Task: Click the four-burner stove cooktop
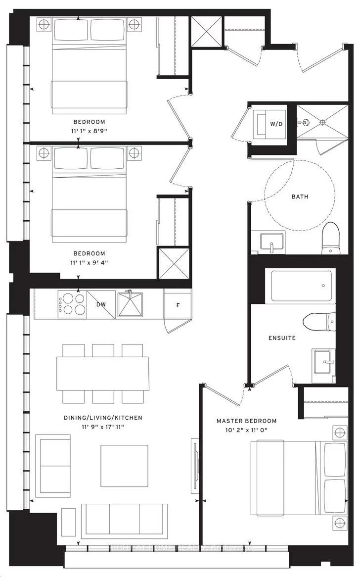72,304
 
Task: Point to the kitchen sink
130,304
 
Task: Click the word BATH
300,196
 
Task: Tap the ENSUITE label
282,338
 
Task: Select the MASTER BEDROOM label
246,421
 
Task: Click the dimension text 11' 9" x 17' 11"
103,427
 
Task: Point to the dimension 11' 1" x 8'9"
90,131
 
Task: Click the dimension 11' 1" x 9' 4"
90,262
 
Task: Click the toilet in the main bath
330,239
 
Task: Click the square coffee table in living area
124,466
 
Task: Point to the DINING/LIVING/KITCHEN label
103,418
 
